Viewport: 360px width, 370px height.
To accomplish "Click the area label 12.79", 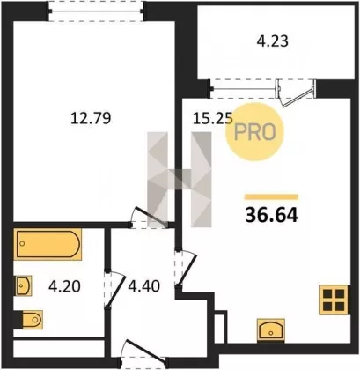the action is [91, 119].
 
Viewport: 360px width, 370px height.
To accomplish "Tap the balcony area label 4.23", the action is [273, 41].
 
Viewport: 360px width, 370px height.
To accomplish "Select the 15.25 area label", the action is [213, 119].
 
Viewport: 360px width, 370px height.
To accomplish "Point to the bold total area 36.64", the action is [272, 215].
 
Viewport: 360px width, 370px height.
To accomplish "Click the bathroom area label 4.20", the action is [64, 286].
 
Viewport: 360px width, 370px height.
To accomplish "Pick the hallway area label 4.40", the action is [143, 286].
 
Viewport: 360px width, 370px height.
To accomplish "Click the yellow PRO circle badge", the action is [254, 132].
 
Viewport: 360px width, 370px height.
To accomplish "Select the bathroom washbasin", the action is [24, 285].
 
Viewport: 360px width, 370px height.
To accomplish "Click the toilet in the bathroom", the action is [31, 319].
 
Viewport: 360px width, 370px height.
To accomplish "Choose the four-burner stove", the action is [334, 300].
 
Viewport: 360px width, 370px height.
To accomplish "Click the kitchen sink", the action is [270, 329].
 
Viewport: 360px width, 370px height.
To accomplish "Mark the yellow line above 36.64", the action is [272, 197].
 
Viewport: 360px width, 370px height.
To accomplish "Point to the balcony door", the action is [296, 92].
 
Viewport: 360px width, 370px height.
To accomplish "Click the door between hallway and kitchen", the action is [185, 269].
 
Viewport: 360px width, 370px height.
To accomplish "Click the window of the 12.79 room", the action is [96, 11].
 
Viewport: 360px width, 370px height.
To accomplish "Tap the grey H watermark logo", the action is [180, 180].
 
